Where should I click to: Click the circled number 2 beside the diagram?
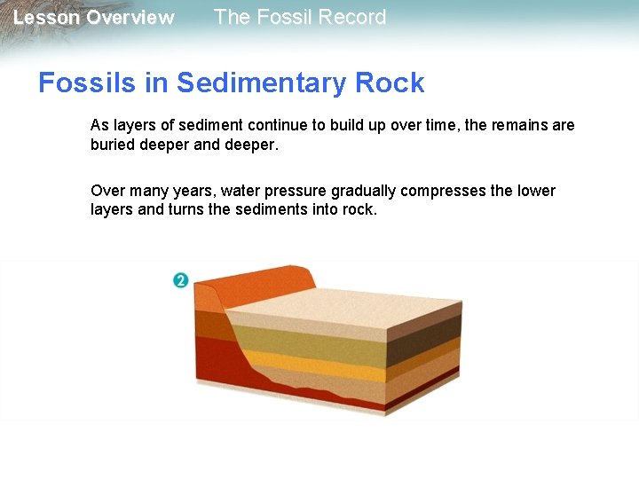[x=180, y=280]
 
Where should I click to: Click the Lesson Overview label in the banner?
[x=94, y=18]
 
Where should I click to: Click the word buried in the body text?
[x=112, y=145]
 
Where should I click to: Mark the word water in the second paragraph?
[x=240, y=191]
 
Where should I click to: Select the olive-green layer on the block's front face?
[x=311, y=342]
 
